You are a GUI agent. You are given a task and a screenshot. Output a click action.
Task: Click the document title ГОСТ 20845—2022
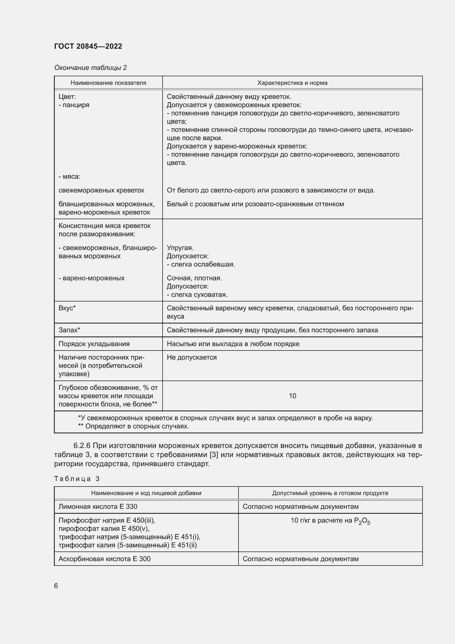click(88, 46)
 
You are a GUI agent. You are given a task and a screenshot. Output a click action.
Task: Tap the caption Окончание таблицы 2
click(90, 68)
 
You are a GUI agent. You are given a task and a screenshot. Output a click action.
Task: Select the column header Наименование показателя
click(108, 83)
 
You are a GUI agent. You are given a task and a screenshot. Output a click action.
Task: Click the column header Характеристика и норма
click(292, 83)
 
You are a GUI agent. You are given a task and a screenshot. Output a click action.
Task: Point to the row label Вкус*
click(67, 308)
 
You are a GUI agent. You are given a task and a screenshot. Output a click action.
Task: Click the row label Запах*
click(69, 330)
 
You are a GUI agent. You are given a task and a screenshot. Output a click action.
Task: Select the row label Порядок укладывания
click(94, 344)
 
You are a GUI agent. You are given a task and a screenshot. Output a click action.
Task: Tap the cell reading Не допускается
click(192, 357)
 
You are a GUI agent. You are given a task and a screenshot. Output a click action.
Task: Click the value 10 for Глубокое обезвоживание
click(292, 396)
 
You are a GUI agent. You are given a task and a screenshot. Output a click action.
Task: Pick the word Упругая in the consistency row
click(180, 248)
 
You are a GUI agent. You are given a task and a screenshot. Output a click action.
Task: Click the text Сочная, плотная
click(194, 278)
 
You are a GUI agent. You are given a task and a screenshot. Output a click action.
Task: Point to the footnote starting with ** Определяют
click(133, 426)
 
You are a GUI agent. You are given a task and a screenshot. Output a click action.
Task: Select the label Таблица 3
click(77, 479)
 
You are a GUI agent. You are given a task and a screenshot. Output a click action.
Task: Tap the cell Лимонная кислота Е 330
click(98, 506)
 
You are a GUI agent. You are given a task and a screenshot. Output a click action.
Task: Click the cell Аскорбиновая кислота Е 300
click(104, 559)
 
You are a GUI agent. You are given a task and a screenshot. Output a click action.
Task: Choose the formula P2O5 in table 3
click(362, 521)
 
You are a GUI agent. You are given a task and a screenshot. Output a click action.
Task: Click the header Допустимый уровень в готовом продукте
click(330, 493)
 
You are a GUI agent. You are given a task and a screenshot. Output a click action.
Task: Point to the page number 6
click(56, 586)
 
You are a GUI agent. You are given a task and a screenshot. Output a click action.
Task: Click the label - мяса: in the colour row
click(70, 176)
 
